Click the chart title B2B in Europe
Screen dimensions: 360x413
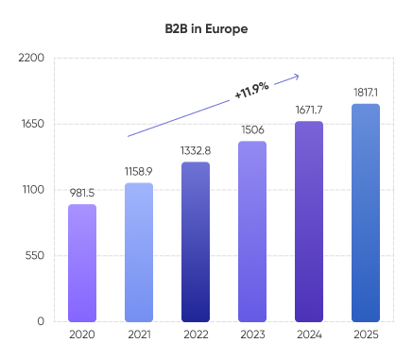pos(206,28)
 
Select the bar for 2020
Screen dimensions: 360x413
pos(82,263)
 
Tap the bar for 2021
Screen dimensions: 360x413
pos(139,252)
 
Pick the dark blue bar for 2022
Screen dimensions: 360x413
pos(196,242)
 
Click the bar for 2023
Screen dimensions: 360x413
pos(252,231)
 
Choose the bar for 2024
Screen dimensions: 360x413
pos(309,221)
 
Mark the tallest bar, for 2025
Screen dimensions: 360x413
pos(366,213)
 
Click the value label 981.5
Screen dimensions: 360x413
pos(82,193)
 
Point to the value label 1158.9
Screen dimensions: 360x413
pos(139,171)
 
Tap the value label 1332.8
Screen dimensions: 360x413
pos(196,150)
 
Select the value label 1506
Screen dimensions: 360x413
pos(252,129)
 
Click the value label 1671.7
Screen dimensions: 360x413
pos(309,110)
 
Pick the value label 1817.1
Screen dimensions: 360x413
pos(366,92)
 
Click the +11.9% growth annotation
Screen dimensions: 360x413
pos(251,90)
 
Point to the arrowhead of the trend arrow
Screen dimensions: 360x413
pos(297,76)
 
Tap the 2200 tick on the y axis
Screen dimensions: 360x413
pos(31,59)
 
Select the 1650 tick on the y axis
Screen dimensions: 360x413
pos(32,124)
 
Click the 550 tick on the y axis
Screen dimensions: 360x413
pos(34,255)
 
